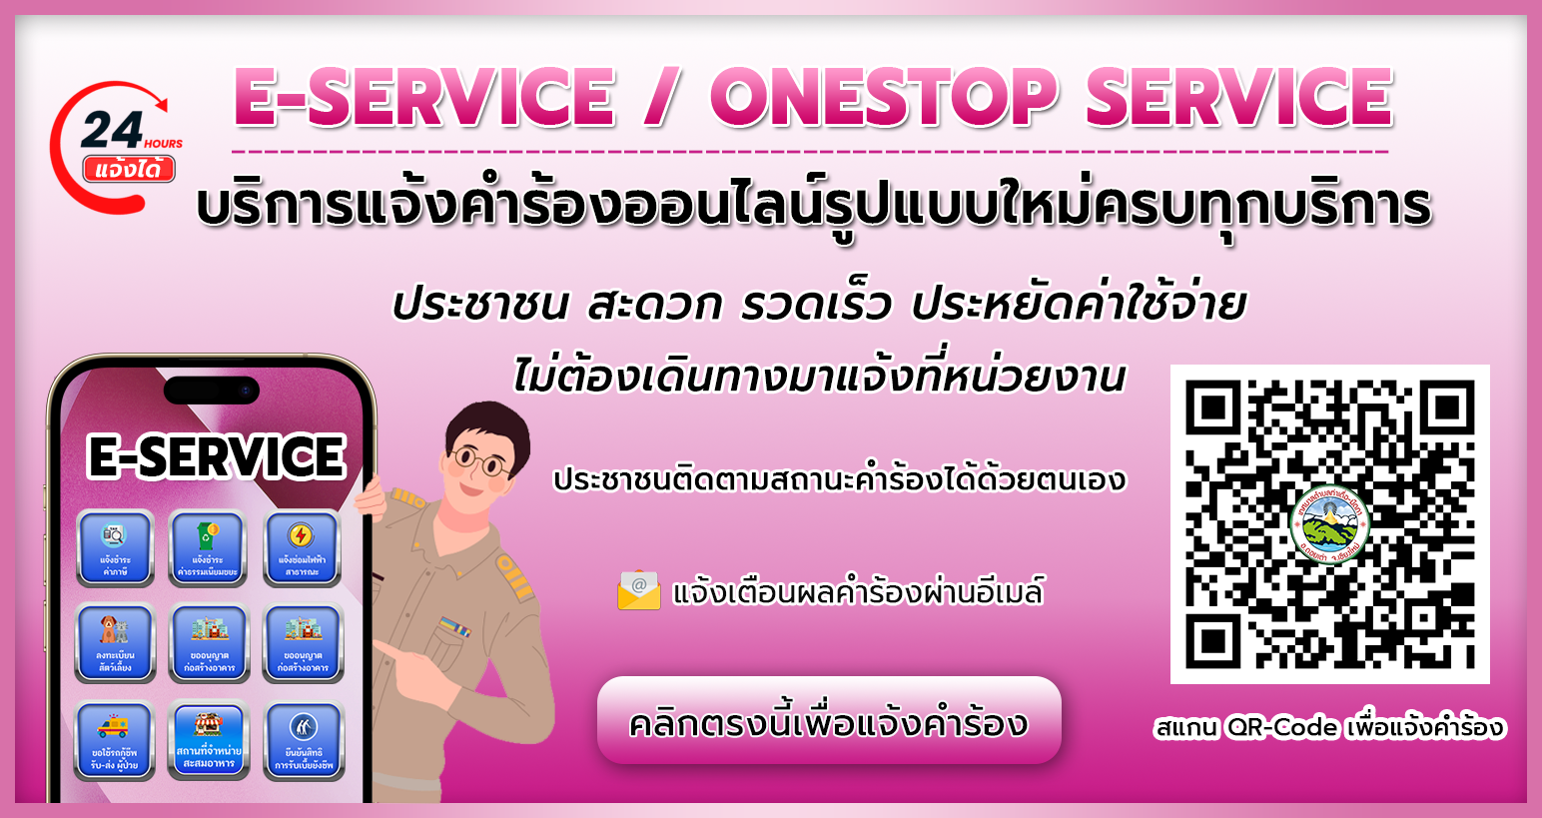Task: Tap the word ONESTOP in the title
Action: pyautogui.click(x=883, y=98)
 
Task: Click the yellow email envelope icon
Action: pyautogui.click(x=639, y=590)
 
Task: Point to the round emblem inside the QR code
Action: pyautogui.click(x=1329, y=524)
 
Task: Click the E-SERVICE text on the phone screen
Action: pyautogui.click(x=216, y=457)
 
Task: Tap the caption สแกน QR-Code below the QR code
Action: pyautogui.click(x=1328, y=727)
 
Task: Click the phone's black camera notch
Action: pyautogui.click(x=211, y=391)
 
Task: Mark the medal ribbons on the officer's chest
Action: pyautogui.click(x=453, y=627)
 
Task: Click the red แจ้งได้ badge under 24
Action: pyautogui.click(x=129, y=169)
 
